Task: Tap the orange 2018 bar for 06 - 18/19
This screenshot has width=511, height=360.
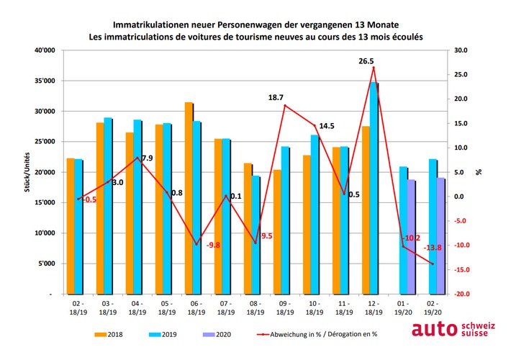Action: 189,198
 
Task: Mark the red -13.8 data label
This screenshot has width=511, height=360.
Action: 433,248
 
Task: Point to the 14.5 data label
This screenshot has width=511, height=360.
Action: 326,126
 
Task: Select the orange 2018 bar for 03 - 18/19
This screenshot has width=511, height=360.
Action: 100,209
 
